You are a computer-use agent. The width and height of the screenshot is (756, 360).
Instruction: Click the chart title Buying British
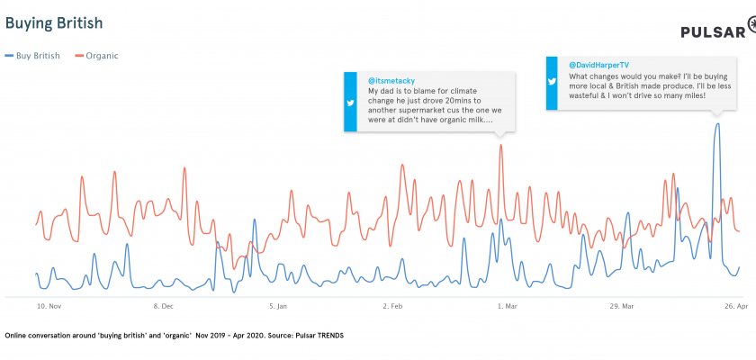click(53, 21)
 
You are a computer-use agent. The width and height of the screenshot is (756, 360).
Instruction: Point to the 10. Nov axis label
click(49, 306)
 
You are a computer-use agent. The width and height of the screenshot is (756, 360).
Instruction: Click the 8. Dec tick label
click(163, 306)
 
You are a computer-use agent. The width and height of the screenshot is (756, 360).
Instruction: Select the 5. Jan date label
click(277, 306)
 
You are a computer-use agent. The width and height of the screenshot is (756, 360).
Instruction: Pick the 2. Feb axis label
click(391, 306)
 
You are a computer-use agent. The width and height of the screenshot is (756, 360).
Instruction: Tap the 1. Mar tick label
click(507, 306)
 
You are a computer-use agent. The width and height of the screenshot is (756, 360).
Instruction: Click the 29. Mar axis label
click(622, 306)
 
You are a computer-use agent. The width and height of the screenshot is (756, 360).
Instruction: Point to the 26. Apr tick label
click(736, 306)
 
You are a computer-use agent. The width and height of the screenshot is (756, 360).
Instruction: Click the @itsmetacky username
click(391, 81)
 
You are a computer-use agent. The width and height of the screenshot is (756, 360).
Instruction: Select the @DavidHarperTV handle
click(598, 65)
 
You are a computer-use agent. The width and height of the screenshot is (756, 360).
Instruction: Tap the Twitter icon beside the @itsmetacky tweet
click(352, 103)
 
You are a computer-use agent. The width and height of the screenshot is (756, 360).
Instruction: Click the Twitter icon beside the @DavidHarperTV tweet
click(554, 82)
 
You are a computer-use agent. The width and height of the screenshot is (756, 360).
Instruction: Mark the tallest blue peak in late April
click(717, 124)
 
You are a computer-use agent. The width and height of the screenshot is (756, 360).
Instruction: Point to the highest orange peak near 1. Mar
click(501, 145)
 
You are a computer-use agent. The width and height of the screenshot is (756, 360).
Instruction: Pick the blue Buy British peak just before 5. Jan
click(255, 220)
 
